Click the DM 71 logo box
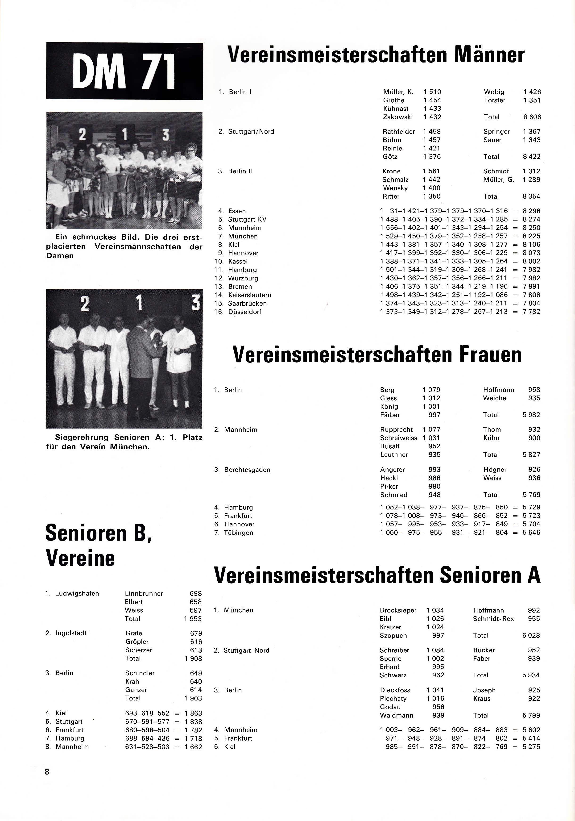pos(124,71)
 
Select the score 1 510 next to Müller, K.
pos(432,92)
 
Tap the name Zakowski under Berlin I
pos(397,117)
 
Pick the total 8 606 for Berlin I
pos(532,117)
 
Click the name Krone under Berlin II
pos(391,171)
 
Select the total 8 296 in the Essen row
pos(532,211)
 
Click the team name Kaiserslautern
pos(249,295)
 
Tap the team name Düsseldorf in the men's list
pos(244,312)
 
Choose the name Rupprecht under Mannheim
pos(396,429)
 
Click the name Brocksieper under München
pos(398,610)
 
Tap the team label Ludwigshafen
pos(77,594)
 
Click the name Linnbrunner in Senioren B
pos(144,594)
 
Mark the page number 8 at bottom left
pos(47,772)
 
